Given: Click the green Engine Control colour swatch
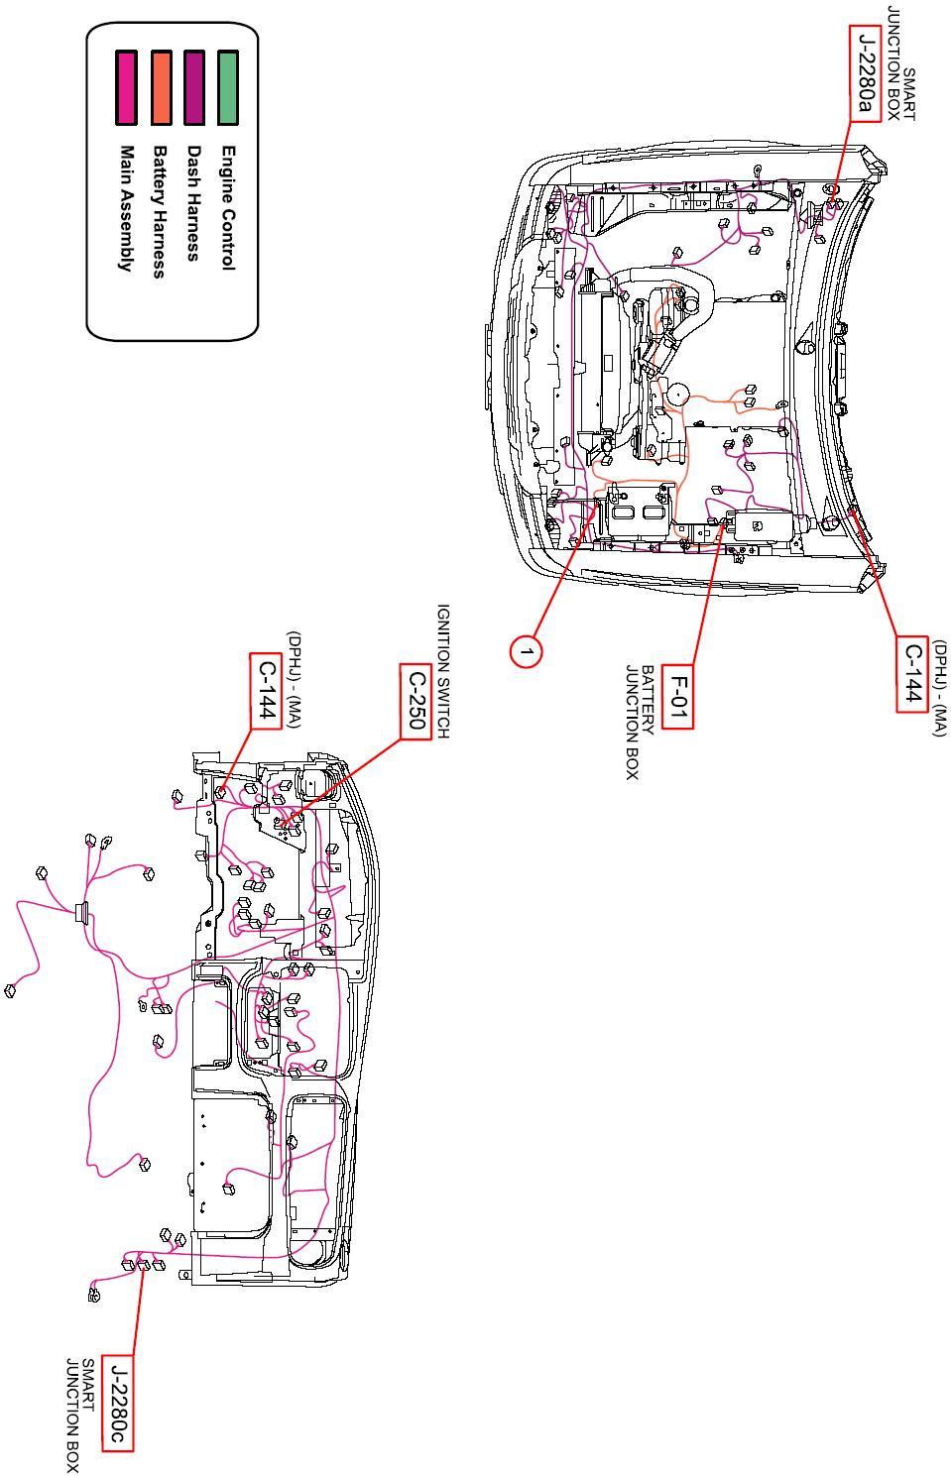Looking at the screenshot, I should coord(228,87).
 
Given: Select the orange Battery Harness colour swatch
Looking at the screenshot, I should coord(160,87).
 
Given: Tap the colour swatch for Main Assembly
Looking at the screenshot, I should coord(126,87).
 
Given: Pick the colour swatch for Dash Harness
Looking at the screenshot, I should coord(193,87).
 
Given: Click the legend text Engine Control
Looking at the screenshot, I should coord(228,208).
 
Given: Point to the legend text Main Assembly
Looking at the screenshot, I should coord(126,208).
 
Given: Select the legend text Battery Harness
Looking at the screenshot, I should coord(159,212).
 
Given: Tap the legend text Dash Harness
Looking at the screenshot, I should coord(193,203).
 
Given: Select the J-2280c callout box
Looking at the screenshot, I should coord(118,1403).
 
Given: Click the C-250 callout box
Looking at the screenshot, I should coord(416,703).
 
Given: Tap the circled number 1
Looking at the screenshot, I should coord(527,651).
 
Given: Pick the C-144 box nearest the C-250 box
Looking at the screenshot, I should coord(266,691).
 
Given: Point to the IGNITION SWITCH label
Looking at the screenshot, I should coord(443,671).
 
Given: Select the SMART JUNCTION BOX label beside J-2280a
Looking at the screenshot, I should coord(901,63).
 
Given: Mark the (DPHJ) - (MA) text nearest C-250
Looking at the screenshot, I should coord(294,679).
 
